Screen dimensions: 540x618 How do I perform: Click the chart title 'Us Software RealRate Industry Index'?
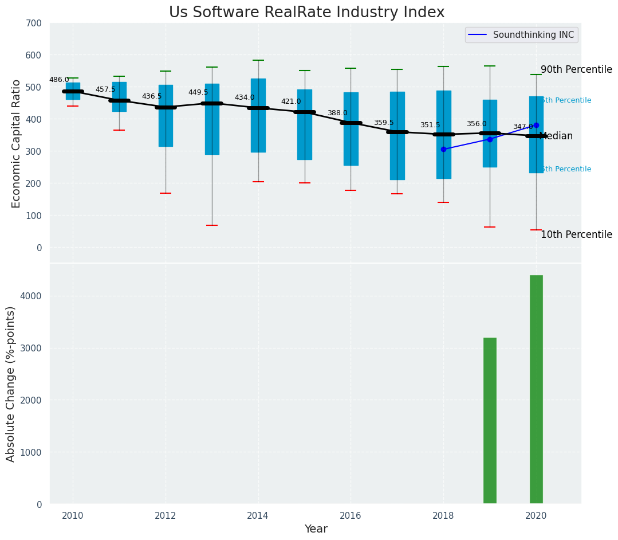click(306, 13)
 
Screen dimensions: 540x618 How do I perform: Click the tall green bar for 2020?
click(536, 389)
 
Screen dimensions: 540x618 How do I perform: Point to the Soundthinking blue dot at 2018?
click(443, 149)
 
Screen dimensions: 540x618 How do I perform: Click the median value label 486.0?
click(59, 80)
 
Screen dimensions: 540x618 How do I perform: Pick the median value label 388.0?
click(337, 113)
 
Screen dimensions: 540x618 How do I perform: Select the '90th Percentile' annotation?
click(576, 69)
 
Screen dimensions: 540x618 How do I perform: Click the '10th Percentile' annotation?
click(576, 234)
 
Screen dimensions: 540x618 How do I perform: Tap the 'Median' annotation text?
click(556, 136)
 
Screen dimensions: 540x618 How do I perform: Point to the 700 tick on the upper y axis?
click(34, 23)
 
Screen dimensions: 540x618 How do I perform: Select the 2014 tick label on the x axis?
click(258, 515)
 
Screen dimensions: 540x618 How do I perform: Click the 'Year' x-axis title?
click(316, 529)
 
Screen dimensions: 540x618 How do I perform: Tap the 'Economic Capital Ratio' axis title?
click(16, 143)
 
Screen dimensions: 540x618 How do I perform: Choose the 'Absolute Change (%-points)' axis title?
click(11, 384)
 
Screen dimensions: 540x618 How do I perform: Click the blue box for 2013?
click(212, 119)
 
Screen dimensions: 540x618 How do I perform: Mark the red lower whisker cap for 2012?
click(166, 193)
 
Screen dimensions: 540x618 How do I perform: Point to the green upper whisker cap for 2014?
click(258, 60)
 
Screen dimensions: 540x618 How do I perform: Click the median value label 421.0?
click(291, 101)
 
